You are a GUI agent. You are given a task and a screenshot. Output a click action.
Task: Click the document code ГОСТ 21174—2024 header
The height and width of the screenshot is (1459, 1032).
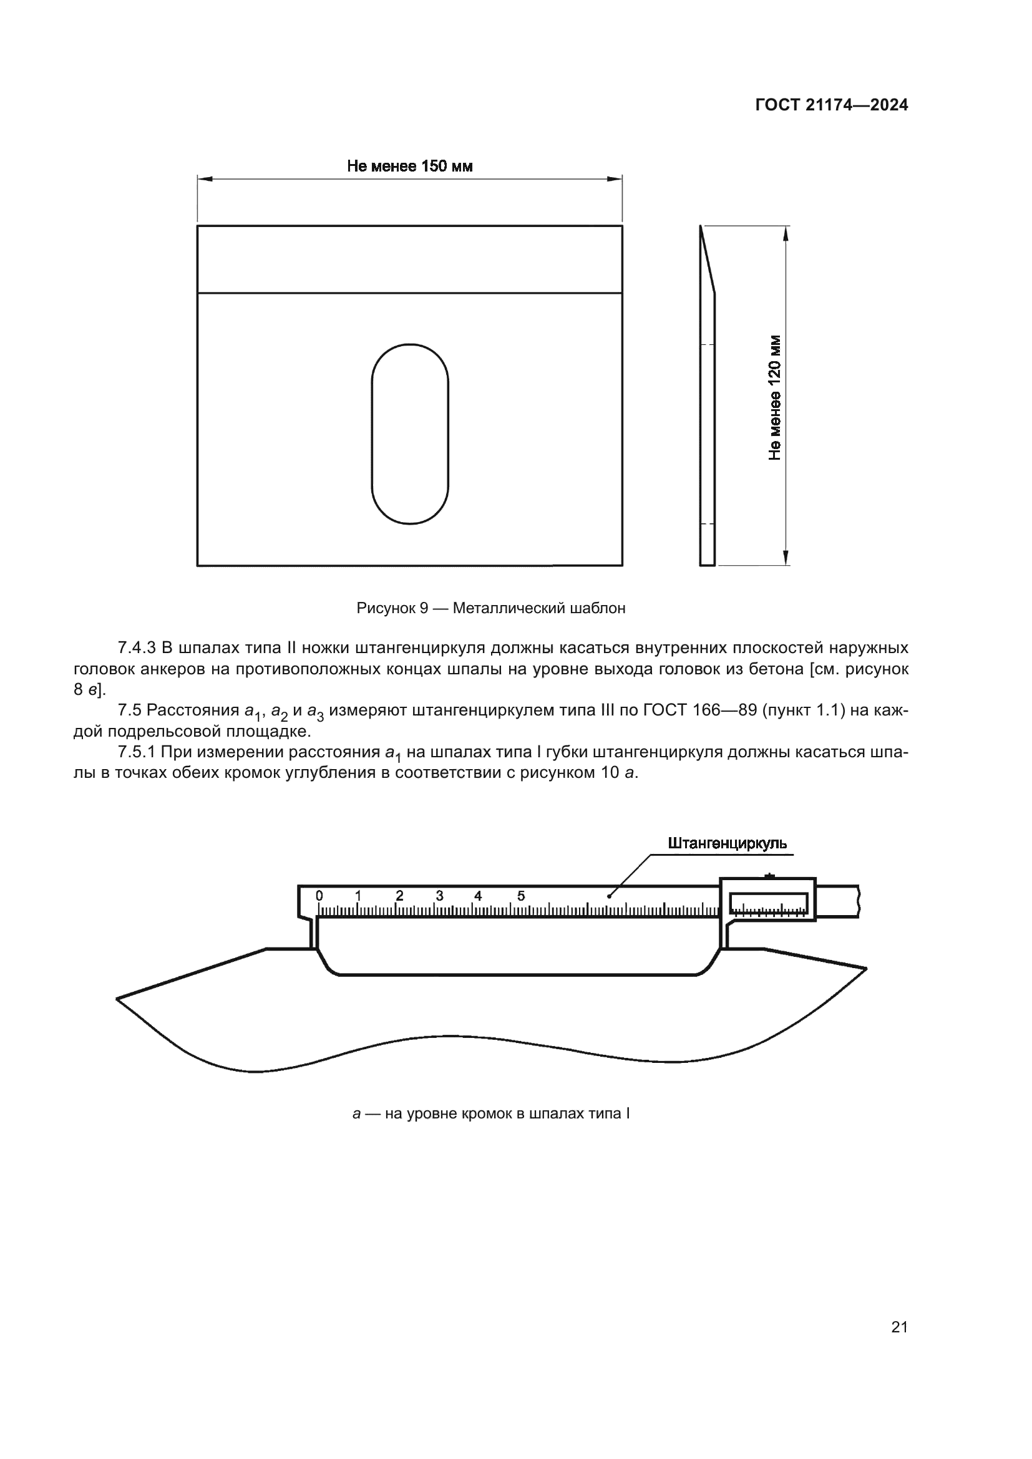pyautogui.click(x=831, y=105)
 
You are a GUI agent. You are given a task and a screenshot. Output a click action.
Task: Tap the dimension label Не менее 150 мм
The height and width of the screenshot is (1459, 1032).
pyautogui.click(x=409, y=167)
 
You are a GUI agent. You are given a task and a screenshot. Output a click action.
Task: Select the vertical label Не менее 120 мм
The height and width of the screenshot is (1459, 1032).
pyautogui.click(x=775, y=398)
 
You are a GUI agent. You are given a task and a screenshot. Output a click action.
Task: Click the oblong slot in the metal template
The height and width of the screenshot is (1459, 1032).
pyautogui.click(x=410, y=434)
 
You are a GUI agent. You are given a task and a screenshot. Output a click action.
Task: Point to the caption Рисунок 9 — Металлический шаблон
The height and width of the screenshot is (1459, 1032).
pyautogui.click(x=490, y=608)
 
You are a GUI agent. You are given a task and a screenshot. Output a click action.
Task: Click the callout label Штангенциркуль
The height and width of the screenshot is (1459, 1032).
pyautogui.click(x=727, y=843)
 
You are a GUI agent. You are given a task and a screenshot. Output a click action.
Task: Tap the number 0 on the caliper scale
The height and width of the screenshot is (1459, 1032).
pyautogui.click(x=319, y=896)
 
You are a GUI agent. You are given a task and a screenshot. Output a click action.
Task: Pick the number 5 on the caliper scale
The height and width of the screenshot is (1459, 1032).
pyautogui.click(x=521, y=896)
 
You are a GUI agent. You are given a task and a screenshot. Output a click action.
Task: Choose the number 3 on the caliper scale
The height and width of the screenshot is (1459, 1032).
pyautogui.click(x=439, y=896)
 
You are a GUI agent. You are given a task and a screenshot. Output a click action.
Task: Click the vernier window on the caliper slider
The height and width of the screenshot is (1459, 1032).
pyautogui.click(x=768, y=904)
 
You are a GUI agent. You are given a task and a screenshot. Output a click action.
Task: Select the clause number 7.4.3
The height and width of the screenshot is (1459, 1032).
pyautogui.click(x=137, y=648)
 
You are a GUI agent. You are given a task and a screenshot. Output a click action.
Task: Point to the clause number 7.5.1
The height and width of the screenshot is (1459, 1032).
pyautogui.click(x=137, y=752)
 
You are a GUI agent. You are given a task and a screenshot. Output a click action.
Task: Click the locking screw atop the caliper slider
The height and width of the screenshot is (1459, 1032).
pyautogui.click(x=769, y=876)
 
